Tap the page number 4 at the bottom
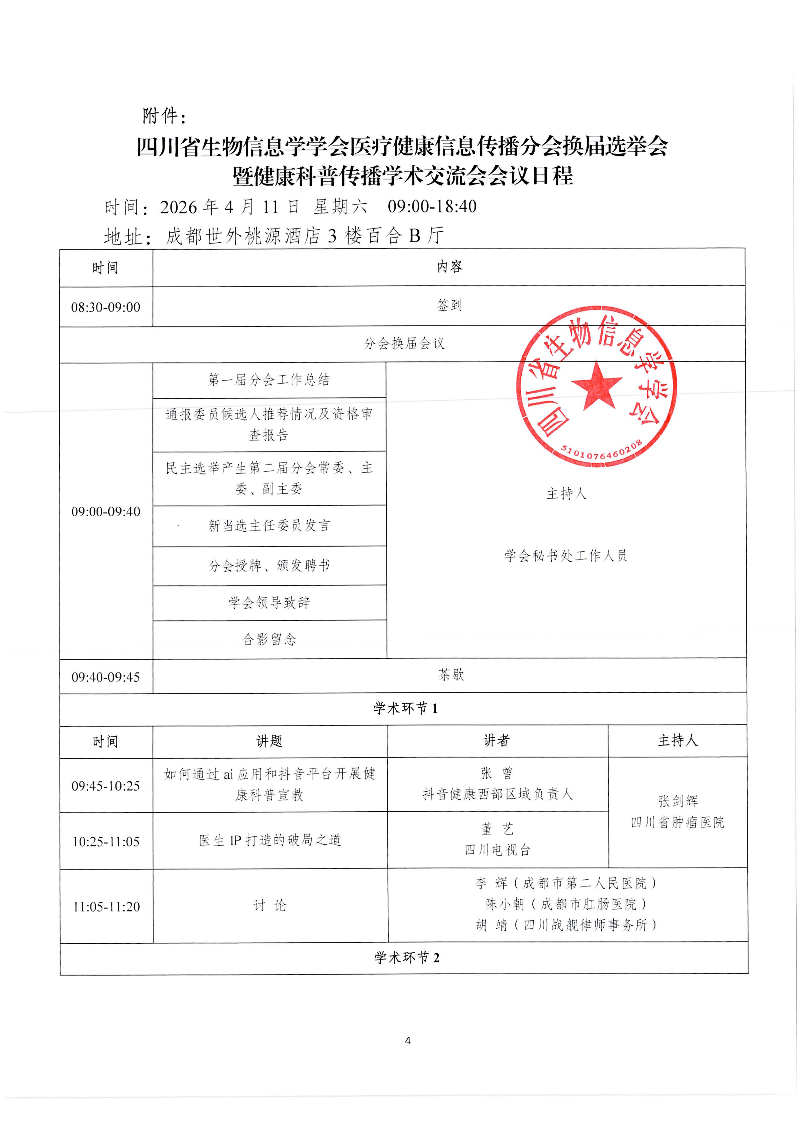point(408,1040)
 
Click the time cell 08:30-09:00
point(106,307)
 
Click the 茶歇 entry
point(451,675)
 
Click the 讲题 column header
point(269,741)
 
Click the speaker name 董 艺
point(497,829)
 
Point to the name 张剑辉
point(678,801)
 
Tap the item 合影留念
point(270,639)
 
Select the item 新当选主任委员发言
point(269,526)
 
